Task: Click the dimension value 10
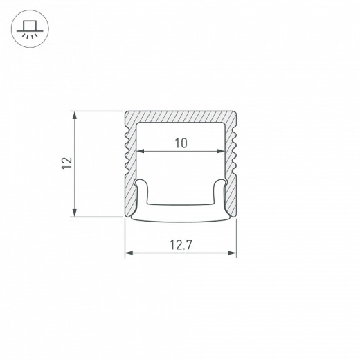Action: [180, 143]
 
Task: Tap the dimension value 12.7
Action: [180, 244]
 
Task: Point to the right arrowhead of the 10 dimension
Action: [224, 151]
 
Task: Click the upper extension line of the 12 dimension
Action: [97, 111]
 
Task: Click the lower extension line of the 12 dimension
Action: [97, 217]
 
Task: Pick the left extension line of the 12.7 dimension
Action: [125, 239]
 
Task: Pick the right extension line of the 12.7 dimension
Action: [236, 239]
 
